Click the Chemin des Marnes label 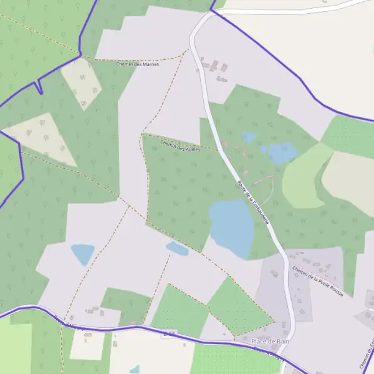138,64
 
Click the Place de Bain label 271,342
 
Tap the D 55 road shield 169,335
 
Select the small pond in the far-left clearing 82,252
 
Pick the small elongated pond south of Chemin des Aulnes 177,249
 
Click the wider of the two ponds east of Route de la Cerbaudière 280,152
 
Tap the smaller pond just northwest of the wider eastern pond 249,137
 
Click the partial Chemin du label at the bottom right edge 365,355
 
